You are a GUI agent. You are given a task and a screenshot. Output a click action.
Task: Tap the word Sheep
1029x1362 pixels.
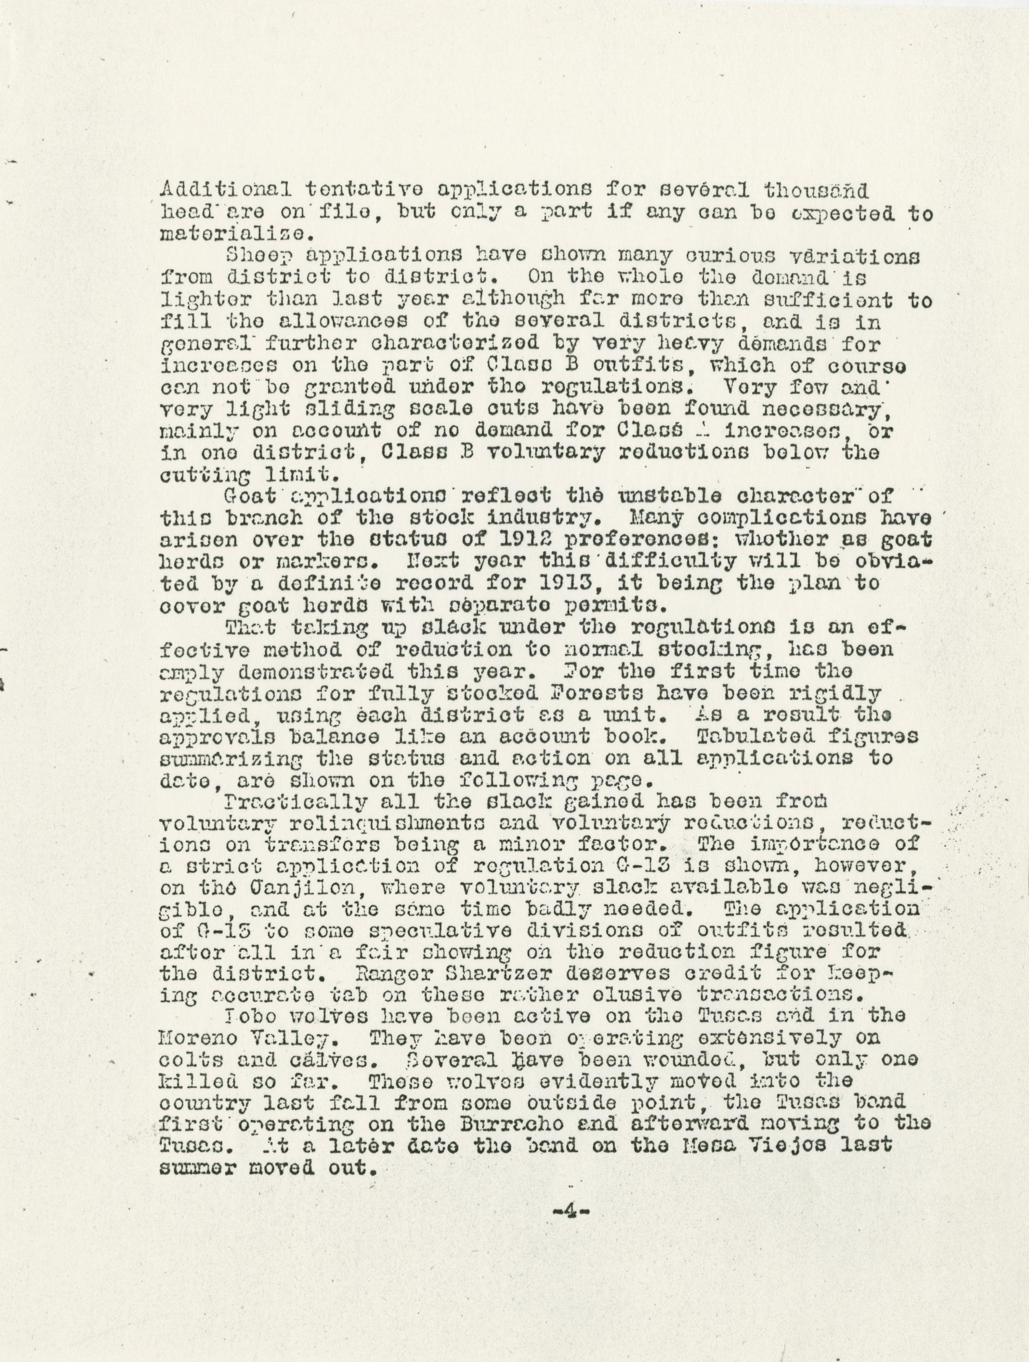pos(252,256)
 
